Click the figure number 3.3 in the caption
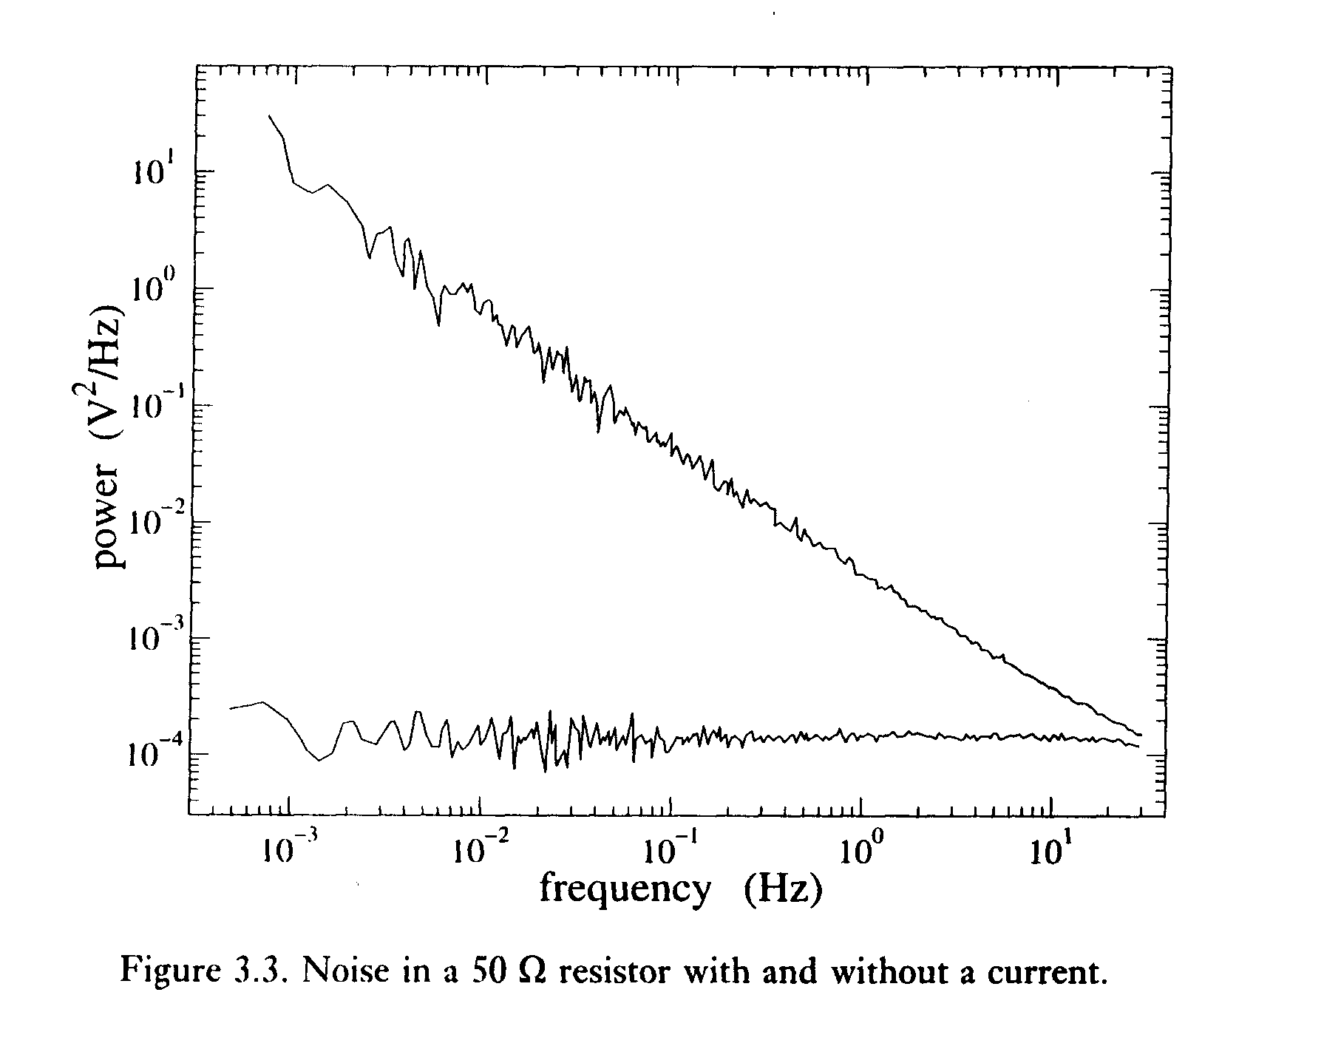click(x=254, y=970)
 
